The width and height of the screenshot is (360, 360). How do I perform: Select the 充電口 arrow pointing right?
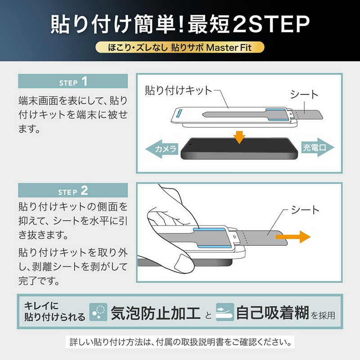[315, 148]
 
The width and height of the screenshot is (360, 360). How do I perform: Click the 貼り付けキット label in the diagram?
[178, 90]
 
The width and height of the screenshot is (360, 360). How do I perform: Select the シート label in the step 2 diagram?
[305, 210]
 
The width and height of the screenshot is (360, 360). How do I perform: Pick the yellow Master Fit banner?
[180, 48]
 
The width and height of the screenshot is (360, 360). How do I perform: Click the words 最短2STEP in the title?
[250, 23]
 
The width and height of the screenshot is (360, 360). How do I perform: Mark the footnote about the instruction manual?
[180, 342]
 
